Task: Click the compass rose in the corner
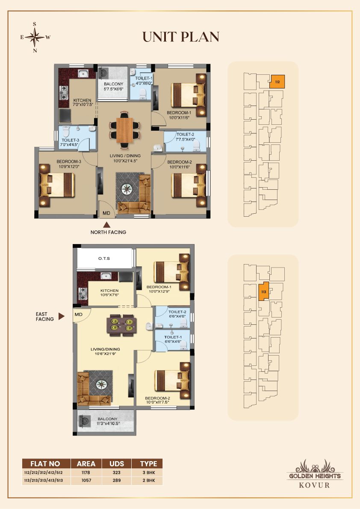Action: tap(35, 38)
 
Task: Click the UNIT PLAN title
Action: tap(181, 37)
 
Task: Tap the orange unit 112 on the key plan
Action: tap(277, 82)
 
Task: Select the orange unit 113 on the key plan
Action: tap(264, 291)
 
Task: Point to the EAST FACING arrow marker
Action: tap(61, 316)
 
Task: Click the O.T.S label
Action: tap(104, 259)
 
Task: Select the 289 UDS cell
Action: tap(117, 480)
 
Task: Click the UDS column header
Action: tap(117, 464)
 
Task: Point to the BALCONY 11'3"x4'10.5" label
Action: tap(107, 421)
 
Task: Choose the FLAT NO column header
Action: tap(45, 464)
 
